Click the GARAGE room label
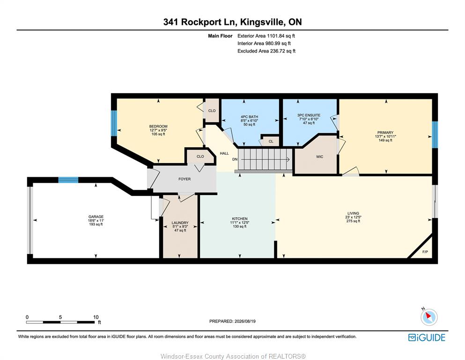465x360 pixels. click(96, 217)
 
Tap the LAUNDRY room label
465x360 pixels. click(180, 223)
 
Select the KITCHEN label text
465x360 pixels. click(240, 219)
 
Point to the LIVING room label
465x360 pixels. click(353, 213)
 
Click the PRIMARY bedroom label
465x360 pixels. click(385, 133)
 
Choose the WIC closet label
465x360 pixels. click(320, 157)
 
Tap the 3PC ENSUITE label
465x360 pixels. click(309, 115)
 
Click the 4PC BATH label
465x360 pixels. click(250, 117)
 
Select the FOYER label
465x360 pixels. click(185, 179)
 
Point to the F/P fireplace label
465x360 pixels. click(425, 252)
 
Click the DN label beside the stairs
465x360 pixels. click(235, 159)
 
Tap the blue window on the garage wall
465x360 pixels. click(68, 180)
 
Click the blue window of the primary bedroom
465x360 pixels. click(435, 135)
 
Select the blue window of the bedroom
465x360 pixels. click(114, 123)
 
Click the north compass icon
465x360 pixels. click(429, 317)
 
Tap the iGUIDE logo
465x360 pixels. click(427, 338)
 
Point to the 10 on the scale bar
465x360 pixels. click(96, 317)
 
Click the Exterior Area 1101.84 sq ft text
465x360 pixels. click(266, 36)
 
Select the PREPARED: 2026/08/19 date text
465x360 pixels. click(232, 321)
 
